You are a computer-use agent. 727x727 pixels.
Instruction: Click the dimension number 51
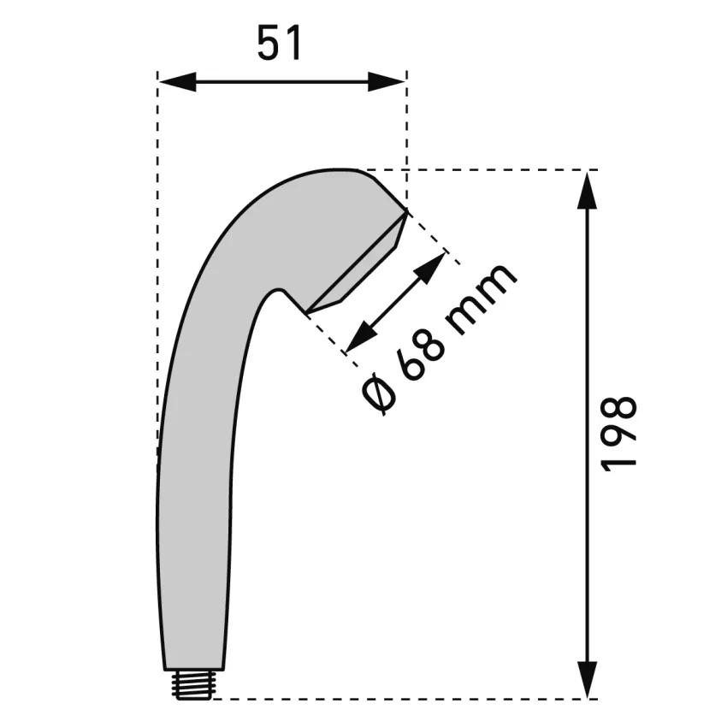pos(279,43)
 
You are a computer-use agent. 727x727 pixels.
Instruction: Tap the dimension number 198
pos(618,434)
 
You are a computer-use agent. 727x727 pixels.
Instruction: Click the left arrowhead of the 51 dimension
pos(177,81)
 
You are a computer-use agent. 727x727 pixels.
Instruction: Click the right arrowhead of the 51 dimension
pos(387,81)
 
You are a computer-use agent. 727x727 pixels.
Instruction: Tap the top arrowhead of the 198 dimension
pos(588,191)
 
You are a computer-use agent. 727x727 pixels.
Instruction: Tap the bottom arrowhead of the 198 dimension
pos(588,678)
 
